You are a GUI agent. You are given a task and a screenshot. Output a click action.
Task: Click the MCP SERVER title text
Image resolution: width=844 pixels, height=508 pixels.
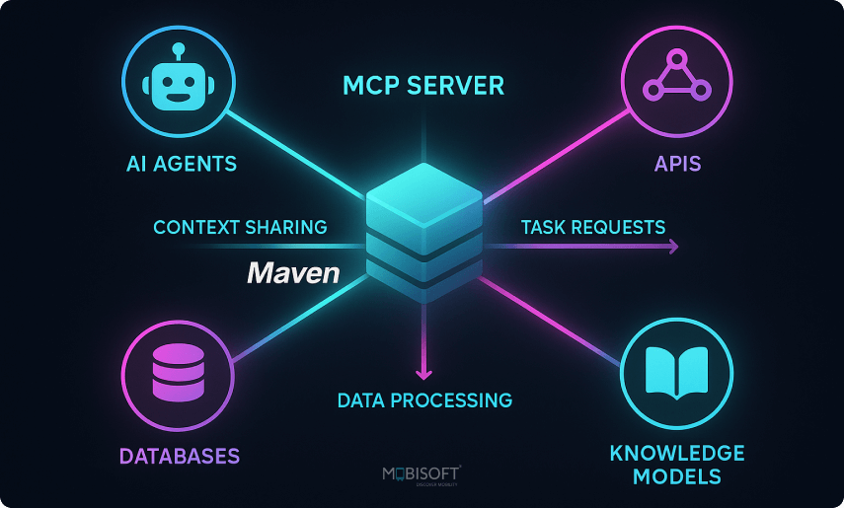click(422, 87)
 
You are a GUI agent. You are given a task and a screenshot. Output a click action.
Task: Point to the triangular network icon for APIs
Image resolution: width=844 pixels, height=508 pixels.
click(676, 76)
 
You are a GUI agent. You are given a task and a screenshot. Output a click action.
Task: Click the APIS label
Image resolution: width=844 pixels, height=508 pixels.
click(676, 164)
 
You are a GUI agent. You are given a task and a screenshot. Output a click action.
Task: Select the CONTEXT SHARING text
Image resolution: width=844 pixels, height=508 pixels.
click(240, 228)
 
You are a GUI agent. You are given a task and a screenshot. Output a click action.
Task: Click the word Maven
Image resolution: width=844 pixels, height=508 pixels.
click(292, 273)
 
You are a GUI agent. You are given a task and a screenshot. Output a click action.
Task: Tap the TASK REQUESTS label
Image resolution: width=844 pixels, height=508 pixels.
click(592, 228)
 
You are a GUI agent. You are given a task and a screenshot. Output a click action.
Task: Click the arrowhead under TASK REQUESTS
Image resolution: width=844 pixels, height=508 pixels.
click(673, 248)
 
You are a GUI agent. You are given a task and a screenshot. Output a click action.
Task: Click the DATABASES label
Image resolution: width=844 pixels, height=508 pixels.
click(179, 457)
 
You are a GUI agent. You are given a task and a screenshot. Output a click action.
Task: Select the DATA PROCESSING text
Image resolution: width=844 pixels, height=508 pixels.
click(424, 400)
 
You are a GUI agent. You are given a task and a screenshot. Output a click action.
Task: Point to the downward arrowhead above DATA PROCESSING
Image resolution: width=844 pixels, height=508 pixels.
click(423, 373)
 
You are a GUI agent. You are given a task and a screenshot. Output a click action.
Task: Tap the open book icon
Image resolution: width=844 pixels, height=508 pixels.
click(676, 374)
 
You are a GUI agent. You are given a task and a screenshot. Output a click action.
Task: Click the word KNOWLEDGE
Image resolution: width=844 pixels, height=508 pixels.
click(676, 454)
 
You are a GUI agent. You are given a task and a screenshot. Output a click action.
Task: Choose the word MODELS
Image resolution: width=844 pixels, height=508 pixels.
click(676, 478)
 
